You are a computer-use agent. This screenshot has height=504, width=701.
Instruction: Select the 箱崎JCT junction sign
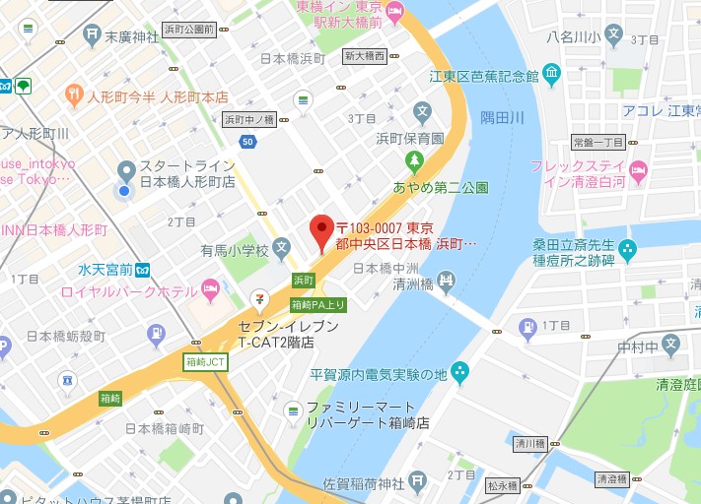coord(205,362)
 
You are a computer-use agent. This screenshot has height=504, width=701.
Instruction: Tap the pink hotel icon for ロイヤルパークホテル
coord(210,287)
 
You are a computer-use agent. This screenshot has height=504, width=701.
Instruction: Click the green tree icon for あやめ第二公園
coord(415,160)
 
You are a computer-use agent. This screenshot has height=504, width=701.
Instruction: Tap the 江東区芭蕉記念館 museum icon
coord(551,75)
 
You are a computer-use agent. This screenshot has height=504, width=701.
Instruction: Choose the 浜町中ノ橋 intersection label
coord(248,119)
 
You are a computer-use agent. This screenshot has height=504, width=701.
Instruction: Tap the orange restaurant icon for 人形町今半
coord(74,95)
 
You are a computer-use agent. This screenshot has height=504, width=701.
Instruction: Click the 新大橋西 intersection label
coord(365,56)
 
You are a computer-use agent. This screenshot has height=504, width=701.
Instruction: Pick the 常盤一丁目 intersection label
coord(597,143)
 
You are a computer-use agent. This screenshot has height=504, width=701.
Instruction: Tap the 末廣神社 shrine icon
coord(92,37)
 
